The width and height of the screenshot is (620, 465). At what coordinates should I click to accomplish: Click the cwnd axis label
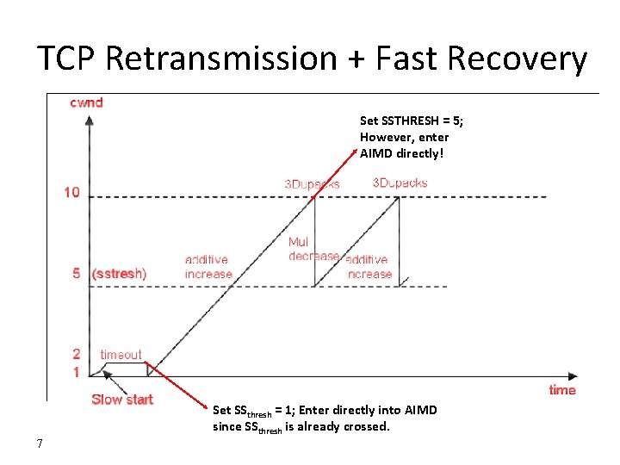[x=86, y=102]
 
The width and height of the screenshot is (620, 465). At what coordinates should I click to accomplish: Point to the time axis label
[x=562, y=390]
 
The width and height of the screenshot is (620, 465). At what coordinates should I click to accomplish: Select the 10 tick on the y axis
[x=71, y=192]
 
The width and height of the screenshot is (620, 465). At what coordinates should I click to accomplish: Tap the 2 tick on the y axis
[x=76, y=354]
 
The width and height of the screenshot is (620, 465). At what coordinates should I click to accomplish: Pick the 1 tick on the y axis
[x=76, y=372]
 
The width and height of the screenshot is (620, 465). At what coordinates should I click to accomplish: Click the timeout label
[x=121, y=354]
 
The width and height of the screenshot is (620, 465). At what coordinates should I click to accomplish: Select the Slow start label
[x=122, y=400]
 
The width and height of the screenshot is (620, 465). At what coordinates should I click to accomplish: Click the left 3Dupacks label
[x=312, y=184]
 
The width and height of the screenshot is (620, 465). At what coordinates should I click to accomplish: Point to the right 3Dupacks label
[x=400, y=183]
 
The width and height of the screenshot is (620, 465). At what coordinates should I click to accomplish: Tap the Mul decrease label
[x=313, y=249]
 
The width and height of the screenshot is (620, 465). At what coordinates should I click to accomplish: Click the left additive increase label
[x=208, y=267]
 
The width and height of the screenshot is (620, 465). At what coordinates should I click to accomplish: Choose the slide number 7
[x=40, y=443]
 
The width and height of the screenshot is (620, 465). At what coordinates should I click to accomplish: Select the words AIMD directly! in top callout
[x=400, y=153]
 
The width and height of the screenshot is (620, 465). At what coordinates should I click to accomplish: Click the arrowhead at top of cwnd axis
[x=90, y=120]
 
